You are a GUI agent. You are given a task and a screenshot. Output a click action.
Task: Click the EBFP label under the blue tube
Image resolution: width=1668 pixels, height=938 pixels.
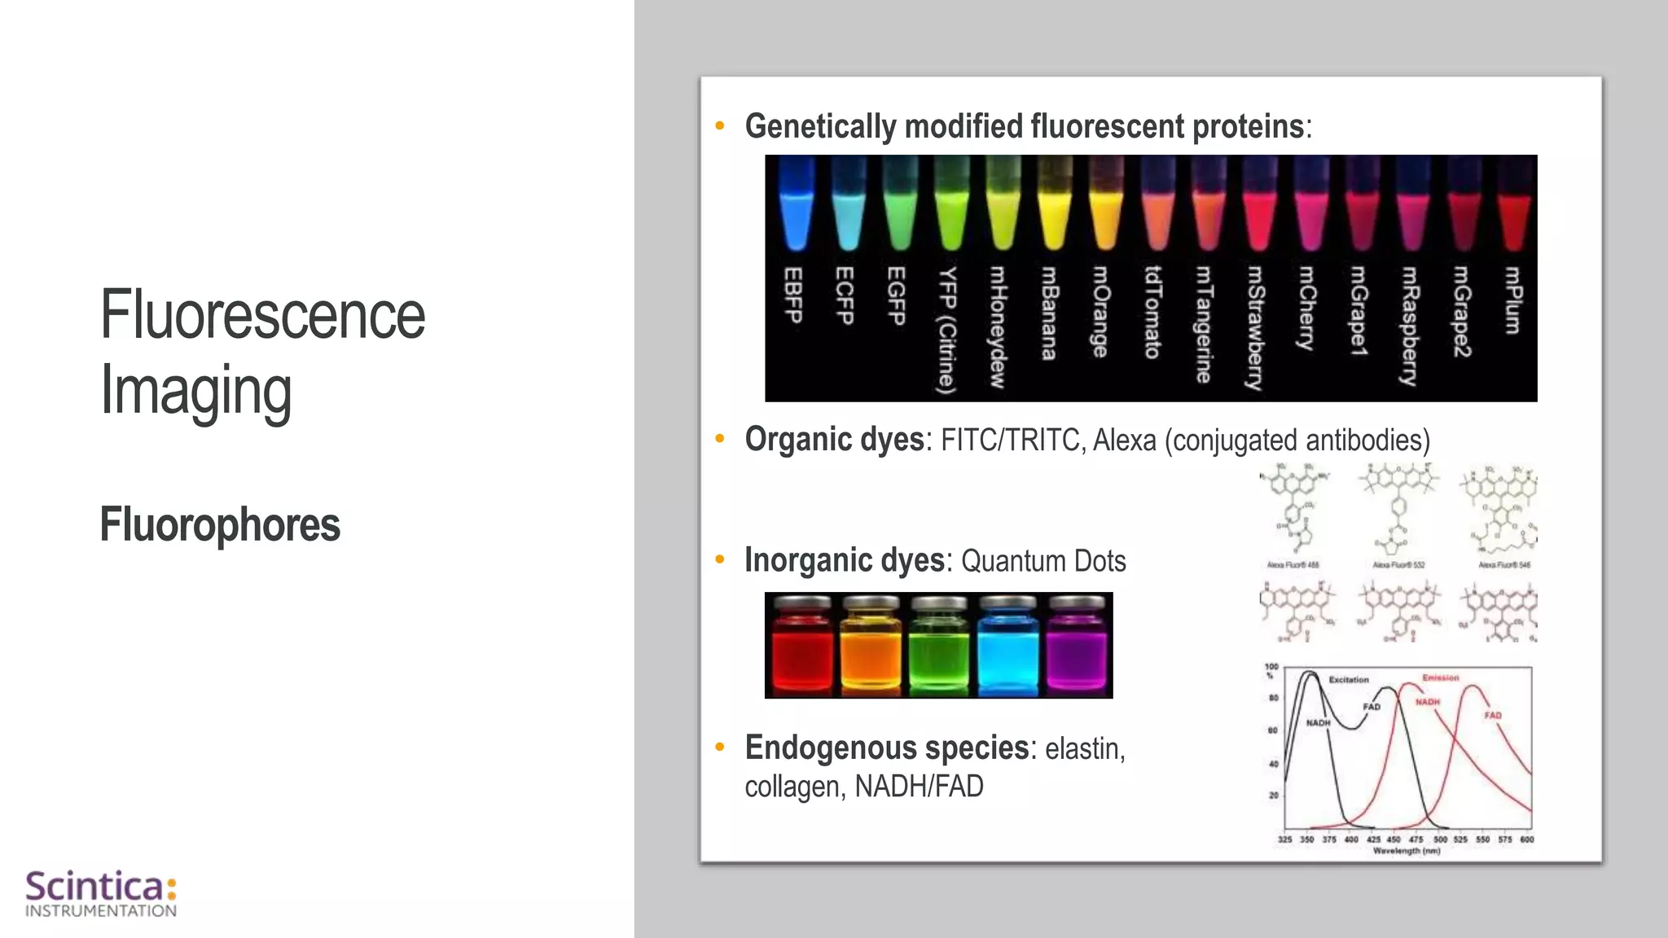click(x=793, y=295)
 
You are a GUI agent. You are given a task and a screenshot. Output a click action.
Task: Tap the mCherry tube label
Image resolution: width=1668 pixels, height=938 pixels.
click(x=1306, y=308)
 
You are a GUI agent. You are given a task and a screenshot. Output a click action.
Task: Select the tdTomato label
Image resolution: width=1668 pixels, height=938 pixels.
click(x=1152, y=313)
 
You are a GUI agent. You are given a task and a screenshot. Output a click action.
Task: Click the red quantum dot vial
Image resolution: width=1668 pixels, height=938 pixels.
click(x=801, y=647)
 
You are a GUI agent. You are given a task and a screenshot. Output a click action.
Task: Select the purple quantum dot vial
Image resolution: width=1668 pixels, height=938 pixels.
click(x=1076, y=647)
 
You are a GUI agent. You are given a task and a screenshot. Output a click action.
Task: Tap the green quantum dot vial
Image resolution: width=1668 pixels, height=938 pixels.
click(x=938, y=647)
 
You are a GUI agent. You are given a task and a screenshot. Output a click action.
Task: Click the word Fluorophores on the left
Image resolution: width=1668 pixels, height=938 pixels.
click(x=220, y=524)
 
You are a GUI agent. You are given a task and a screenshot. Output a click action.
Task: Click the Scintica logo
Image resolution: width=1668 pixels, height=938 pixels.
click(x=101, y=893)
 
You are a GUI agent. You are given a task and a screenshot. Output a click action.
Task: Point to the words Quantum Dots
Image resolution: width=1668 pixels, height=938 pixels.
click(x=1043, y=561)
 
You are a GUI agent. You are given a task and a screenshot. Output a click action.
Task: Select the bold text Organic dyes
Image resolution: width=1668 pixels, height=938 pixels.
click(x=833, y=440)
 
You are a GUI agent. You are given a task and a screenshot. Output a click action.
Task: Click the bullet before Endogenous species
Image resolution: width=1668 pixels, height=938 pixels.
click(x=719, y=747)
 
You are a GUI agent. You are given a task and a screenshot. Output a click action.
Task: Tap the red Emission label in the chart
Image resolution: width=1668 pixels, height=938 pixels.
click(x=1440, y=677)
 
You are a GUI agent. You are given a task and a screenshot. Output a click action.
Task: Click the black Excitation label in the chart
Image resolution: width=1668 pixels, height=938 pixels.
click(x=1349, y=679)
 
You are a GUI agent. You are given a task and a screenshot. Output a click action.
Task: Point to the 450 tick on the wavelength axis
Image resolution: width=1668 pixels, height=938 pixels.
click(x=1394, y=839)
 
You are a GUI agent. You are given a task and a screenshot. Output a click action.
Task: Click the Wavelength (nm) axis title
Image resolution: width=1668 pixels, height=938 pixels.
click(x=1407, y=851)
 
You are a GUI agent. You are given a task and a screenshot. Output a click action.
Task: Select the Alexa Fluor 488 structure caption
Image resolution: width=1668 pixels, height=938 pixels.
click(x=1293, y=564)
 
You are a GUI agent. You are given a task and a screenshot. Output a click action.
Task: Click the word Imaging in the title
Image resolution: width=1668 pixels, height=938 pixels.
click(x=195, y=391)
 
